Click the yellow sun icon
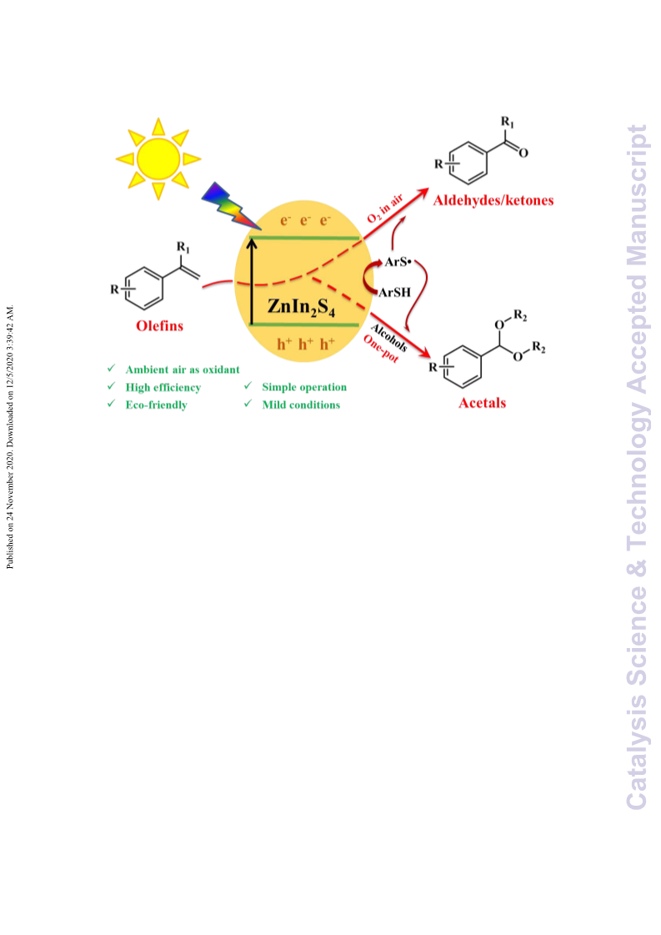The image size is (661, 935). [x=158, y=158]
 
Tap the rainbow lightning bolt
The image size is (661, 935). [x=230, y=206]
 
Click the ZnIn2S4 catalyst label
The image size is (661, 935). [x=301, y=307]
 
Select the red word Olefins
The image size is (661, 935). [x=160, y=325]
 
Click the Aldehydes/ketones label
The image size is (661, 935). [x=493, y=200]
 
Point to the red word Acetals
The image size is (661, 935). [x=482, y=403]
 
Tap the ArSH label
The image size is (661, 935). [x=394, y=292]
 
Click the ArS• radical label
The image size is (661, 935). [x=398, y=261]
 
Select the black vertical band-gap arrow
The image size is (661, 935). [x=252, y=281]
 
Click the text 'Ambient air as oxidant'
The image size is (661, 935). [x=183, y=369]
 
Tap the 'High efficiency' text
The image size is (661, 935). [x=163, y=388]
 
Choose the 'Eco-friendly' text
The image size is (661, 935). [x=156, y=405]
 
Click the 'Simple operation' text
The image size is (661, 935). [x=304, y=387]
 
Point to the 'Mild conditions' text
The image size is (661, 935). [x=301, y=405]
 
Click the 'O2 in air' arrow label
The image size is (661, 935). [x=385, y=209]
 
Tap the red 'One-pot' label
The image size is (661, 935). [x=381, y=349]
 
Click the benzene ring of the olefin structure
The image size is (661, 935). [x=143, y=289]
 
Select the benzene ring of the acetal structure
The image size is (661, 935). [x=463, y=366]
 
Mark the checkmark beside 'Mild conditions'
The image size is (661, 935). [x=248, y=404]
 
